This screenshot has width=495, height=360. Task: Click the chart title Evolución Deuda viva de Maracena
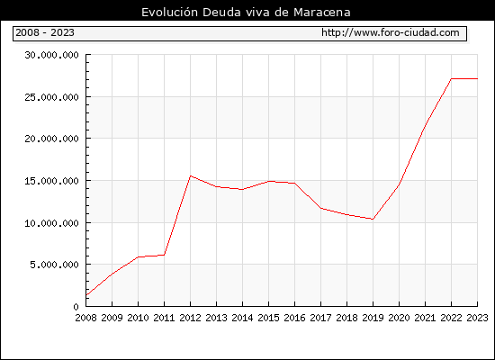tap(246, 13)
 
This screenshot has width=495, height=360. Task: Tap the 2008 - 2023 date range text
tap(45, 32)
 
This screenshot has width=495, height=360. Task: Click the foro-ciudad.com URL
tap(391, 32)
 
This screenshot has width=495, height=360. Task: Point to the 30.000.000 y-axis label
tap(52, 55)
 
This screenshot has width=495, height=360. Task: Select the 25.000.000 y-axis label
tap(52, 97)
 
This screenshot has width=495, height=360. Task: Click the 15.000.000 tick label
tap(52, 181)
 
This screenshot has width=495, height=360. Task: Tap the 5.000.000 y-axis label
tap(54, 265)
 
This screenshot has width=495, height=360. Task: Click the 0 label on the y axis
tap(76, 306)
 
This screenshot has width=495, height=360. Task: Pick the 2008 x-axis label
tap(85, 318)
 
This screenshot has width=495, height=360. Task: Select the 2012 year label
tap(191, 318)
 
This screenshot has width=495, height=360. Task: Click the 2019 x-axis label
tap(373, 318)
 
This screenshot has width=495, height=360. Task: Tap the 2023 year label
tap(477, 318)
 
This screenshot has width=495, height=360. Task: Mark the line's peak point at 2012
tap(191, 175)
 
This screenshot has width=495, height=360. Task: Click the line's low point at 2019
tap(373, 220)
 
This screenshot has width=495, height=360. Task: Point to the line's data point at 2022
tap(452, 78)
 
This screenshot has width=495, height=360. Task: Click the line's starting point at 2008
tap(86, 295)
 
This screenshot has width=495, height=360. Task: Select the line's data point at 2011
tap(164, 255)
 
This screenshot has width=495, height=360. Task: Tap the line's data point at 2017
tap(320, 208)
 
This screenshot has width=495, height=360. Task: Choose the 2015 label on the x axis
tap(269, 318)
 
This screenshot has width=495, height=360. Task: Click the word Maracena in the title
tap(322, 13)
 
